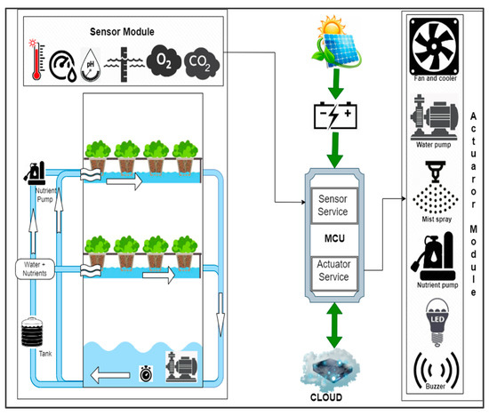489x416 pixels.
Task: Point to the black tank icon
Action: (32, 333)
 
